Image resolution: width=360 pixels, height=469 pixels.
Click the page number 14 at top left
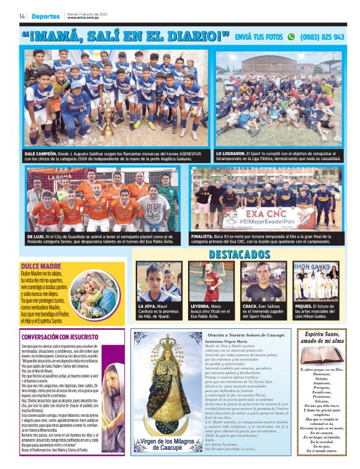[x=22, y=16]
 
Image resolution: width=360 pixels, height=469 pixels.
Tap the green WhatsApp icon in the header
[x=291, y=37]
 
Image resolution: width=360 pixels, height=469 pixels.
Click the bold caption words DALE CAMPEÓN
[x=40, y=153]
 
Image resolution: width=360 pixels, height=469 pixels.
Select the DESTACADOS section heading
[x=240, y=254]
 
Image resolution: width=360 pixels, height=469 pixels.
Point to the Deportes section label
[x=46, y=17]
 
